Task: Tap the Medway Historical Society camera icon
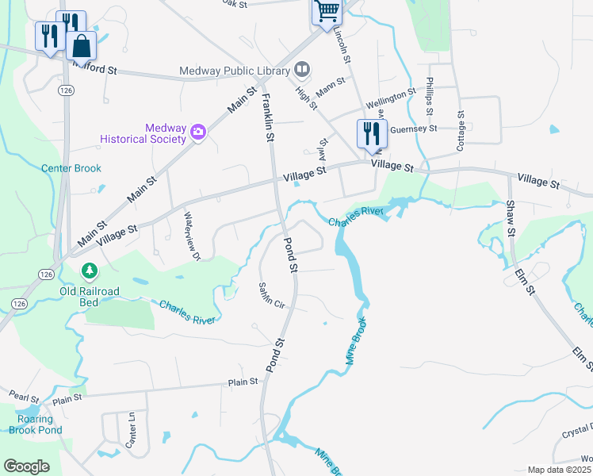(198, 133)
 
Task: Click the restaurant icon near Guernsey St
(371, 132)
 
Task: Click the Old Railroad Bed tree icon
(90, 272)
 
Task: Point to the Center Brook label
(71, 168)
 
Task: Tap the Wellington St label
(391, 99)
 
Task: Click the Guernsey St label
(414, 129)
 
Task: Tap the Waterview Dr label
(193, 235)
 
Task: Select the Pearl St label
(23, 394)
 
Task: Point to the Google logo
(26, 466)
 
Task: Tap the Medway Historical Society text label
(143, 133)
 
